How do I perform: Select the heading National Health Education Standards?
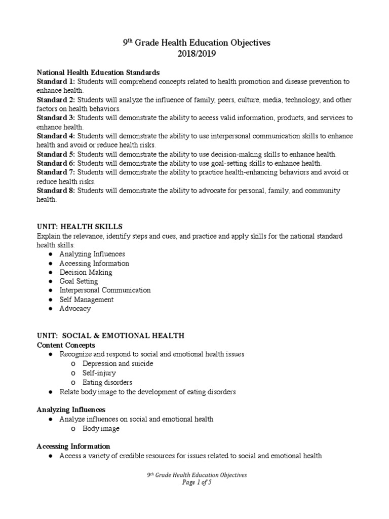98,72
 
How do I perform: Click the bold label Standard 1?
56,82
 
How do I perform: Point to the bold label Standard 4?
56,136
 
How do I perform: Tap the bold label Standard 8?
56,191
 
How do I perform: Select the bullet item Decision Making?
86,272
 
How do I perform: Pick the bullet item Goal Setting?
79,281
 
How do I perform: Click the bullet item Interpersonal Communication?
105,290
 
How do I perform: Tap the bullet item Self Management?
86,300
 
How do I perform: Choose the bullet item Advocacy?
75,309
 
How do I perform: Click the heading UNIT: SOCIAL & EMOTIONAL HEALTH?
110,336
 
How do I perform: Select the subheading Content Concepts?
66,345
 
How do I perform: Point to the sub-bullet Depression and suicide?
118,363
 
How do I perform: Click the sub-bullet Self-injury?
99,373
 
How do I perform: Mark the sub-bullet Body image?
101,428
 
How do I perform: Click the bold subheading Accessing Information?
73,447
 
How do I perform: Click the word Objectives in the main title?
247,43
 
